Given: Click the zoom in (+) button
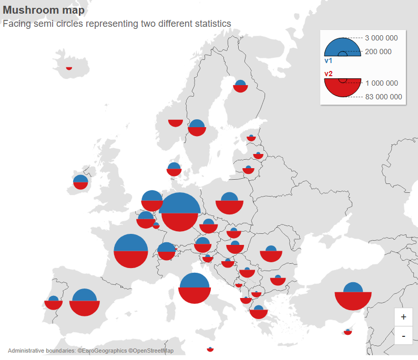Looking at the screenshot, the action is pyautogui.click(x=403, y=317).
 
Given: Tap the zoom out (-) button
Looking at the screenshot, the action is pyautogui.click(x=403, y=336).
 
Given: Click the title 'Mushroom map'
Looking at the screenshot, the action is pyautogui.click(x=44, y=10).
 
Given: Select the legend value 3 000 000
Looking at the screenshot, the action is pyautogui.click(x=381, y=38).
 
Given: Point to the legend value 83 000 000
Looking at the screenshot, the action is pyautogui.click(x=383, y=97).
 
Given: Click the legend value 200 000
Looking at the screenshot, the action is pyautogui.click(x=378, y=52).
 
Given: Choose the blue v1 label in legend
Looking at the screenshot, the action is pyautogui.click(x=328, y=61).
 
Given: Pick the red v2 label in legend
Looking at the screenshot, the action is pyautogui.click(x=328, y=74).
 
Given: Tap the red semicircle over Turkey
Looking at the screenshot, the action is pyautogui.click(x=353, y=301).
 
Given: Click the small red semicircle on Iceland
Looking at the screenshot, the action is pyautogui.click(x=69, y=68).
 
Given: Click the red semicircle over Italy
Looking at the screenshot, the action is pyautogui.click(x=195, y=295).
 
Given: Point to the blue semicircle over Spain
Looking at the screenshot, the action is pyautogui.click(x=85, y=296).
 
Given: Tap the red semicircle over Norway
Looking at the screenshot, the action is pyautogui.click(x=176, y=123).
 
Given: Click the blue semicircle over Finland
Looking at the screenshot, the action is pyautogui.click(x=240, y=83).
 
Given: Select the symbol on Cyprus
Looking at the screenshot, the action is pyautogui.click(x=348, y=332).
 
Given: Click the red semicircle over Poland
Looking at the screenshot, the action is pyautogui.click(x=229, y=207).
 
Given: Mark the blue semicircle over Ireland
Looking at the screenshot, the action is pyautogui.click(x=80, y=179).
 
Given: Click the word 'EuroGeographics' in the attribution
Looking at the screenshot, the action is pyautogui.click(x=105, y=351).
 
